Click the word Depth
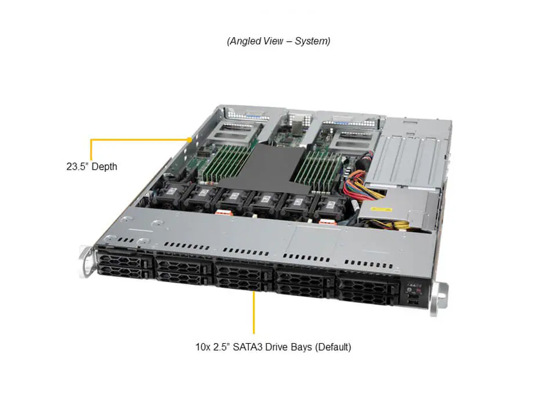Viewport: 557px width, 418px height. click(104, 167)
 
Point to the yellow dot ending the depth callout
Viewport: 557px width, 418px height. click(190, 140)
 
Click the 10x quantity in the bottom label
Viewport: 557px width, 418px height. click(202, 347)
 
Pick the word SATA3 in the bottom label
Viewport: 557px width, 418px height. click(247, 347)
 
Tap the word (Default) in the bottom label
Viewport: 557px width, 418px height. click(333, 347)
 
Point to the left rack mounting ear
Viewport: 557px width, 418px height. click(86, 261)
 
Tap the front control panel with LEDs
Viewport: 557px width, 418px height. click(414, 294)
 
